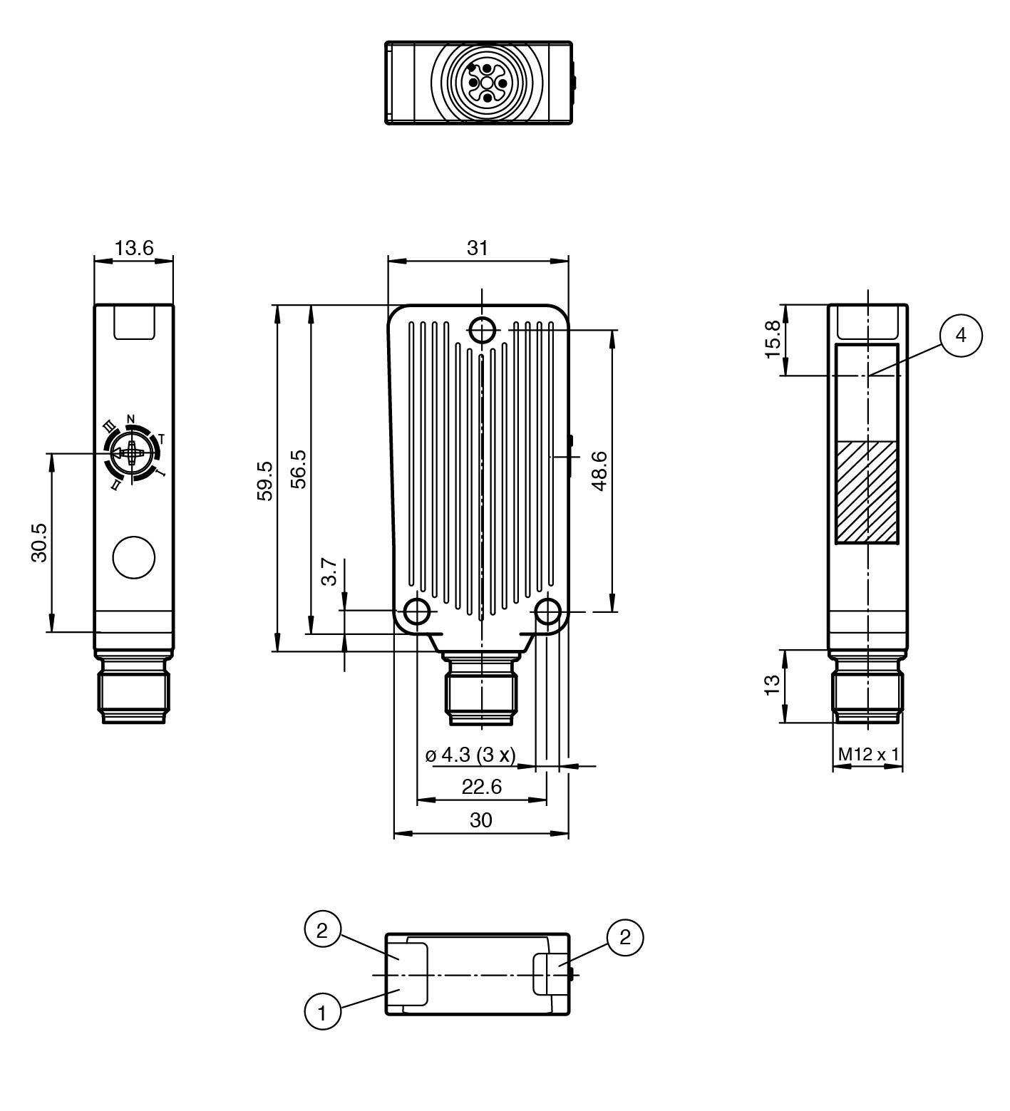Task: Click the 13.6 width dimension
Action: (134, 248)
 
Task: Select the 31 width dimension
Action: (477, 248)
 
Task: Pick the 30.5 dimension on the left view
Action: (38, 542)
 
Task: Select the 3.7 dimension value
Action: (329, 572)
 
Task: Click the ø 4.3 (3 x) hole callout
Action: (470, 755)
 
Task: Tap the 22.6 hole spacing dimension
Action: (482, 787)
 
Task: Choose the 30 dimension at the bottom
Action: (481, 820)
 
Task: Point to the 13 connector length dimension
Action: (771, 685)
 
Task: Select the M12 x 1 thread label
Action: (867, 754)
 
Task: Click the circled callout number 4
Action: (961, 335)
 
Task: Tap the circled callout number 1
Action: (322, 1013)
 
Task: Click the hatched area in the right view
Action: (867, 492)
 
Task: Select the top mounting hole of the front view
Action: (483, 330)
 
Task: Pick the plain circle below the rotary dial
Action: (133, 557)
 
